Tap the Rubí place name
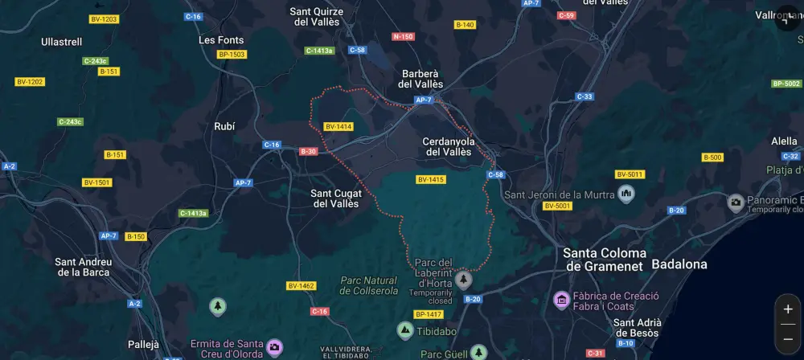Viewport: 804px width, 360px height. (224, 126)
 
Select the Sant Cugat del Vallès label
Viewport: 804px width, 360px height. (337, 198)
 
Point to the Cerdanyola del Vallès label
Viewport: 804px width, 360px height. (448, 146)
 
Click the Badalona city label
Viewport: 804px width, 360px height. (679, 264)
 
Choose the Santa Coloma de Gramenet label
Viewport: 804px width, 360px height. (605, 259)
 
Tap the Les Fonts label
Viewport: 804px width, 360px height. (221, 39)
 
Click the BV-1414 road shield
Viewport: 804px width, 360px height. (338, 126)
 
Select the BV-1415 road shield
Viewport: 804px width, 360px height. (431, 179)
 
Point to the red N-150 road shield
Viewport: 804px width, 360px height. (403, 36)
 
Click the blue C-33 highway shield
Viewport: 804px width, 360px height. (585, 96)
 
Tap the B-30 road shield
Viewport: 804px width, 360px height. (309, 151)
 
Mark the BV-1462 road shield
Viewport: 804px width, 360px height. (301, 285)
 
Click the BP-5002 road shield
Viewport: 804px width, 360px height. (786, 84)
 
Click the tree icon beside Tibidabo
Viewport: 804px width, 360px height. (405, 330)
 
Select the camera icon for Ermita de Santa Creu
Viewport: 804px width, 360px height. (274, 346)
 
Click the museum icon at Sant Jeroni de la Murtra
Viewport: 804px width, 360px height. (626, 194)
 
